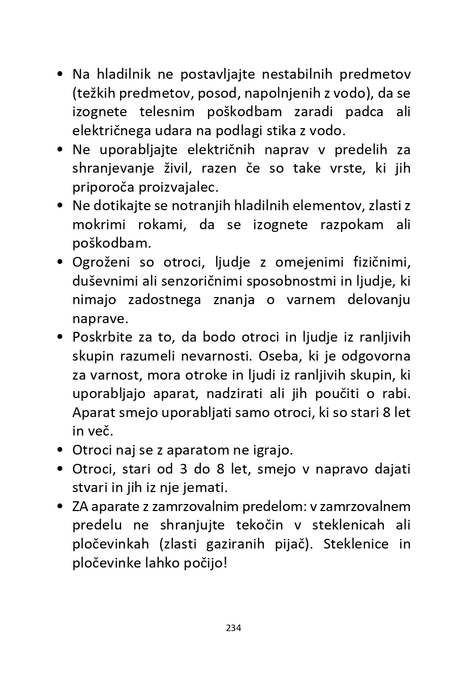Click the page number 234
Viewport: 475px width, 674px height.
(233, 628)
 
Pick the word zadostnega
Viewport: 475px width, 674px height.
(164, 300)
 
